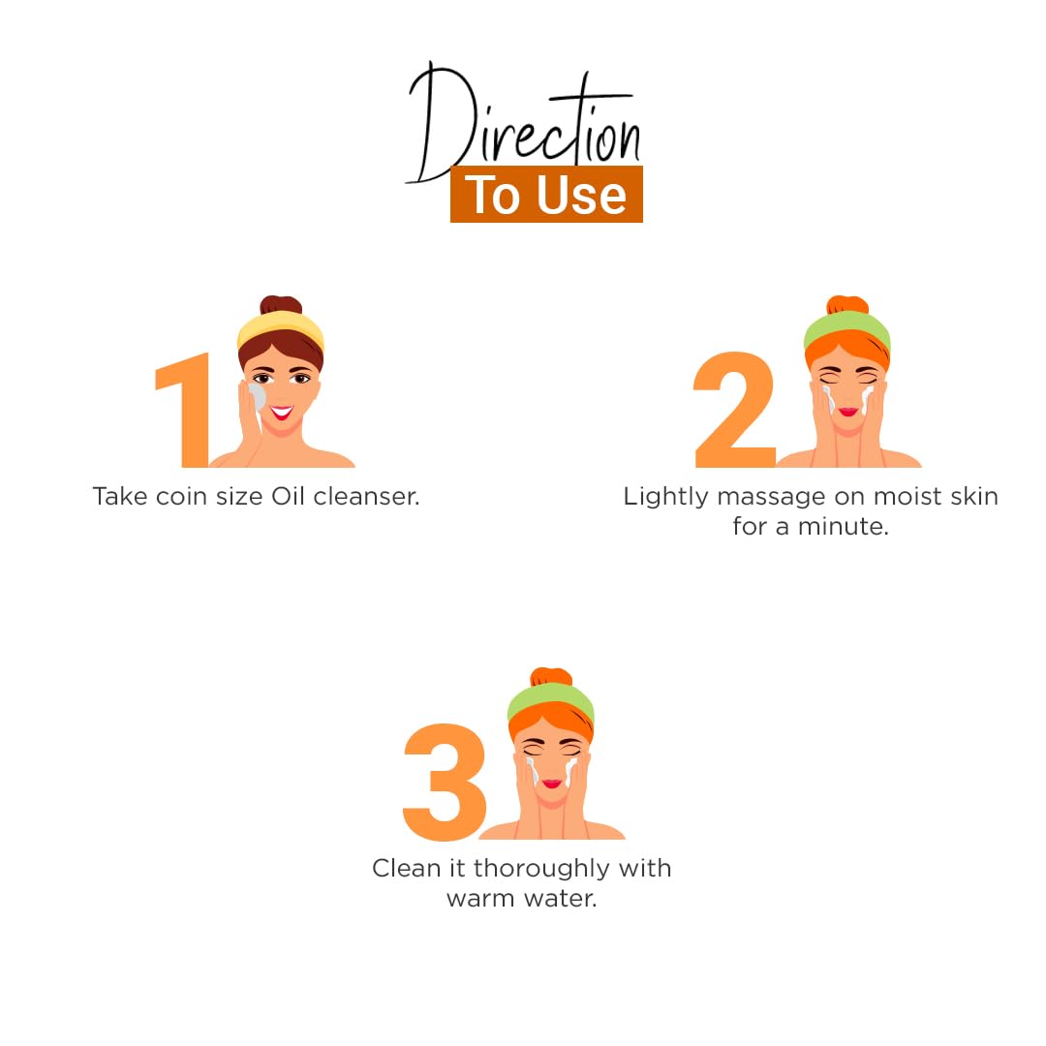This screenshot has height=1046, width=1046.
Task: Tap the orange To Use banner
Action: [546, 194]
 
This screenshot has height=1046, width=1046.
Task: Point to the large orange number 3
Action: [445, 782]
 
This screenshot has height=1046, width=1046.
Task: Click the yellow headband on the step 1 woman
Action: [280, 329]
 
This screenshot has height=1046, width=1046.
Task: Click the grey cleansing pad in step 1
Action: [256, 397]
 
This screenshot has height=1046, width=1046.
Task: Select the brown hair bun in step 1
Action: [281, 305]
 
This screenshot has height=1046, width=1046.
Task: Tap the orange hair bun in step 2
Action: [847, 305]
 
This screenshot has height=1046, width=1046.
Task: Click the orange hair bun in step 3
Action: [551, 676]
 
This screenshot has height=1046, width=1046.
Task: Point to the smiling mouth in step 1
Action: [282, 412]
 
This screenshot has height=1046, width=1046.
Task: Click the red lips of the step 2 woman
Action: [847, 411]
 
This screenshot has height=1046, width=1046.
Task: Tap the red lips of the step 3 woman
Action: [552, 784]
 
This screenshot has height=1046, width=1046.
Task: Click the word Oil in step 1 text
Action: [288, 496]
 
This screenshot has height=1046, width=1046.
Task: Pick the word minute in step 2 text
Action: [844, 527]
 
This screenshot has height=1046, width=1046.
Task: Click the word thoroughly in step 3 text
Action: [541, 869]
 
